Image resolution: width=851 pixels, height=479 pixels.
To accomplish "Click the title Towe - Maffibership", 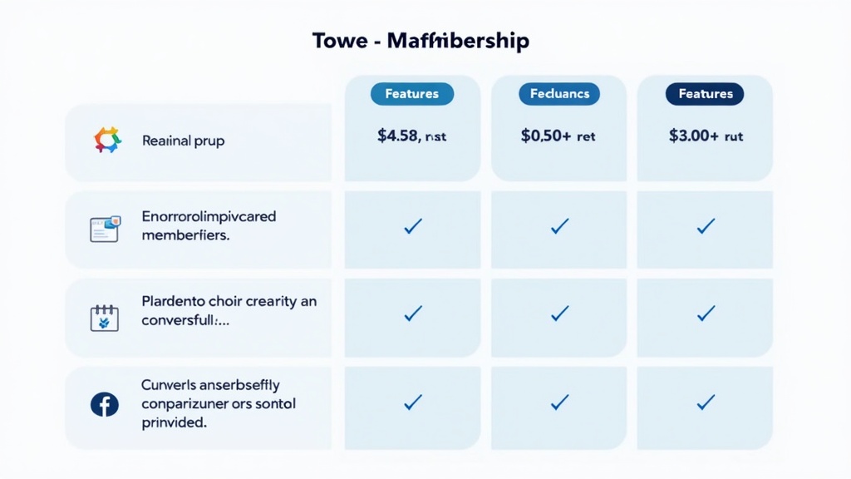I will (x=421, y=41).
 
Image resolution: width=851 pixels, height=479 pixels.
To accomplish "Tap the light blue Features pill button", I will (x=412, y=94).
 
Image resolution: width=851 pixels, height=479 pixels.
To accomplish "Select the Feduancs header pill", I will (x=559, y=94).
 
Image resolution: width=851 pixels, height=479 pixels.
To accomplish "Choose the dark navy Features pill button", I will (x=705, y=94).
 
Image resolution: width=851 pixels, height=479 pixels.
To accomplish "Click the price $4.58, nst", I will (x=411, y=136).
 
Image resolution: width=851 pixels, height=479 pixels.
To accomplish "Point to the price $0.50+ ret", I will (x=558, y=136).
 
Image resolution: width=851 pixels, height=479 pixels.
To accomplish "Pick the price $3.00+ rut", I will (x=705, y=136).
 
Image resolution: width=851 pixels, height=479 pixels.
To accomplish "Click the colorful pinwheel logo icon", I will (x=107, y=140).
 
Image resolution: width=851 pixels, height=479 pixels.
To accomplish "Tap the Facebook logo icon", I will (x=104, y=405).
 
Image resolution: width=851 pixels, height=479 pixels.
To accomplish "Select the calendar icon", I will (x=104, y=317).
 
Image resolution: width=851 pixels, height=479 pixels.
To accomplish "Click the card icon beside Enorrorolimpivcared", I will (x=105, y=228).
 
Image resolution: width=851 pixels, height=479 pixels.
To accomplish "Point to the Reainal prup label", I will (x=183, y=141).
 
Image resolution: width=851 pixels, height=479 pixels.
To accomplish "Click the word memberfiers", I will (x=185, y=235).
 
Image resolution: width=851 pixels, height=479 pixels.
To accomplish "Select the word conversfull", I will (x=184, y=320).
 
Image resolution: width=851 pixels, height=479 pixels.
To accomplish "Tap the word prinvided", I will (x=174, y=422).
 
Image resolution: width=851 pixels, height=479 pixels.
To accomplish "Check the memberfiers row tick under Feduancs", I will (x=559, y=225).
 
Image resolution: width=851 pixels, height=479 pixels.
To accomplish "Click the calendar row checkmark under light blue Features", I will (x=412, y=314).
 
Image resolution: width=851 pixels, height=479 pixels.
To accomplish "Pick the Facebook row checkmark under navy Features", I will (x=706, y=402).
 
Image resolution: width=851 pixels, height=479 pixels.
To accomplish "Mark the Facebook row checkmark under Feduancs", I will (x=559, y=402).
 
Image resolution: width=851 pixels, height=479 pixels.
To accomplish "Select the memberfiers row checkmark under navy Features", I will (x=706, y=225).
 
